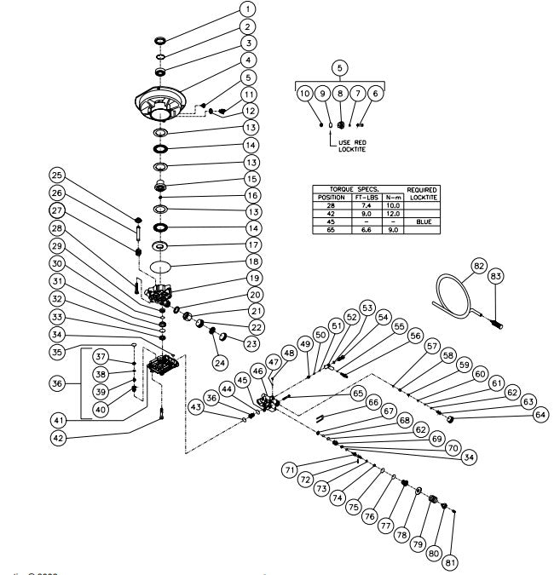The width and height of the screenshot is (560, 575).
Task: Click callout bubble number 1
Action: click(x=246, y=9)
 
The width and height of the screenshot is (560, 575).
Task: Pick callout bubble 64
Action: click(x=539, y=415)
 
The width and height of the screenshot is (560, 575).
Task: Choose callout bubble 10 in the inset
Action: click(x=304, y=94)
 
